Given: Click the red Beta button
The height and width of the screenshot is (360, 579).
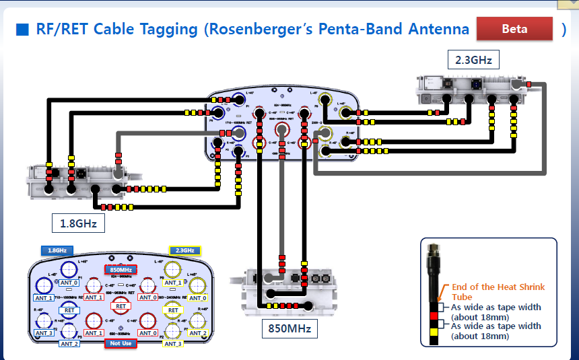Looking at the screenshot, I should pyautogui.click(x=514, y=30).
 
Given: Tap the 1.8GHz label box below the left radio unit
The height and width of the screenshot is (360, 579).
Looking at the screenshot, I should pyautogui.click(x=77, y=223).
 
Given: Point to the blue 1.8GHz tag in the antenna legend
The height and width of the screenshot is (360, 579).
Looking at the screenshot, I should pyautogui.click(x=57, y=250).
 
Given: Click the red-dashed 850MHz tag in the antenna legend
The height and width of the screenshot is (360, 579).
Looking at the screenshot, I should pyautogui.click(x=121, y=270).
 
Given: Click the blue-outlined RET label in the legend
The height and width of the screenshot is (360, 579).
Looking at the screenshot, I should pyautogui.click(x=69, y=310).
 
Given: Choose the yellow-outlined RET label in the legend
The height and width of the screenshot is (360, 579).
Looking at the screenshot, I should pyautogui.click(x=173, y=310).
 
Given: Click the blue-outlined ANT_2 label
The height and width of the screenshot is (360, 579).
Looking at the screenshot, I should pyautogui.click(x=69, y=344).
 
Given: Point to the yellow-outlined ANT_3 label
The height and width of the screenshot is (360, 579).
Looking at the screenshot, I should pyautogui.click(x=172, y=344).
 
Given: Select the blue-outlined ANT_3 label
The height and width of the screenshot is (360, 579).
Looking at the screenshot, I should pyautogui.click(x=44, y=333).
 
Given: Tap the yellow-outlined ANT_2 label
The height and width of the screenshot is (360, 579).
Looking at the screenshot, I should pyautogui.click(x=198, y=333).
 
